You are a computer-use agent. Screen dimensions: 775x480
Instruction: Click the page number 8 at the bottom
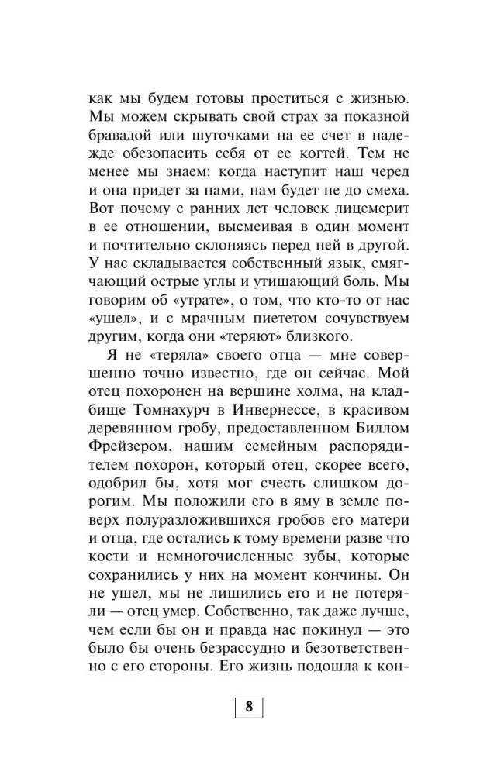[x=248, y=706]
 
